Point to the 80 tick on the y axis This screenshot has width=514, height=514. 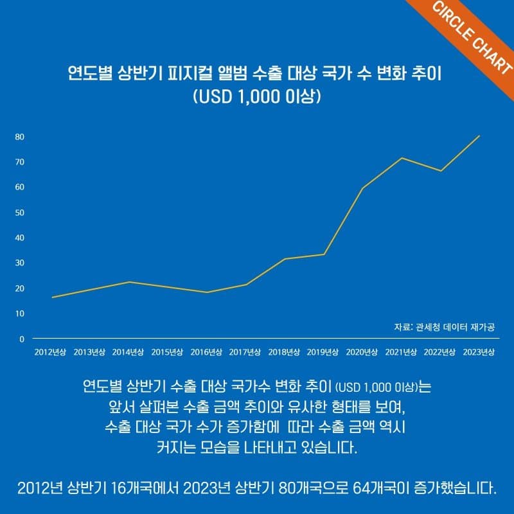[x=20, y=137]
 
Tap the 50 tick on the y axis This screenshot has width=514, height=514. [x=20, y=213]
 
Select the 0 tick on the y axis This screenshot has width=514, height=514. [x=21, y=339]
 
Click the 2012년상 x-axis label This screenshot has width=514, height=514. [x=51, y=352]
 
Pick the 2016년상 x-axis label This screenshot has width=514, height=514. [x=207, y=352]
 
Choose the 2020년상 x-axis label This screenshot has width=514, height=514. [x=362, y=352]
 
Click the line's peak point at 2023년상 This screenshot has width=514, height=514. [x=479, y=136]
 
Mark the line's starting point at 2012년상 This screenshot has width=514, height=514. [x=52, y=297]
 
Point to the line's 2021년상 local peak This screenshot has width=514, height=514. [x=402, y=158]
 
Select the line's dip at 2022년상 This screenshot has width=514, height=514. [x=441, y=171]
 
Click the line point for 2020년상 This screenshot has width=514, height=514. [x=363, y=188]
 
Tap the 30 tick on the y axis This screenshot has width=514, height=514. [x=20, y=263]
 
